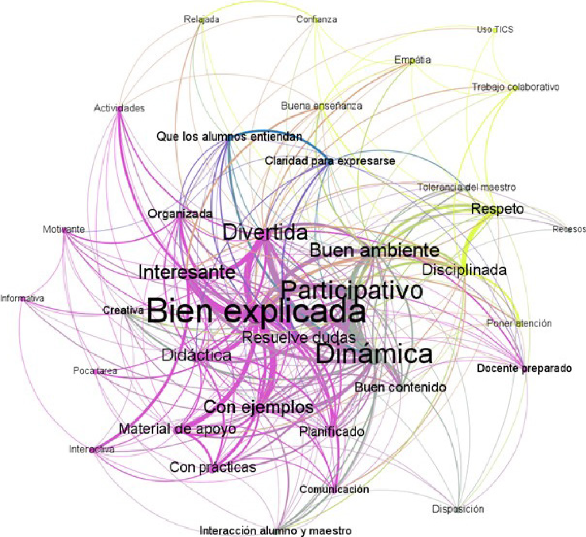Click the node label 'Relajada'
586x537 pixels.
(201, 19)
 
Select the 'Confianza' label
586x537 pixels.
(317, 19)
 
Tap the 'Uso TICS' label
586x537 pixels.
(495, 29)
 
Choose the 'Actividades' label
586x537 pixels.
(119, 108)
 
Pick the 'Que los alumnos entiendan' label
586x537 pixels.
(229, 136)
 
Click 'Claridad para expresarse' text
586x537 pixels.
(330, 162)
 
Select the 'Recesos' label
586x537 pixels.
(568, 229)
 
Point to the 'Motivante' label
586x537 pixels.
(64, 229)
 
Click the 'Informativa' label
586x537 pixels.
(23, 298)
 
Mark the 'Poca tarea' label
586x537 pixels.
(95, 371)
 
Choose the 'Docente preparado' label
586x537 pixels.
(524, 369)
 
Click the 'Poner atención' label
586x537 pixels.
(519, 323)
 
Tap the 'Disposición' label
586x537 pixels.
(458, 509)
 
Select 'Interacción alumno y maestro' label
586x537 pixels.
(275, 530)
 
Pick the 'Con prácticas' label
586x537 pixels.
(213, 467)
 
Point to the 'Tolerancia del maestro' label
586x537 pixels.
(467, 187)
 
